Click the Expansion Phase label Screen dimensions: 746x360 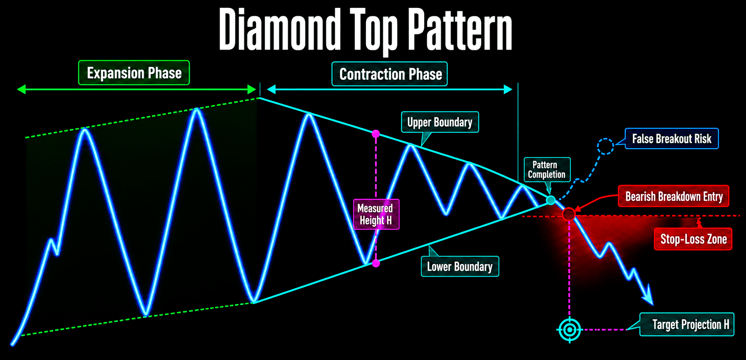[134, 73]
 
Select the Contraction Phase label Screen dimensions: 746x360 [390, 74]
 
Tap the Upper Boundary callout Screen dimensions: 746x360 [440, 122]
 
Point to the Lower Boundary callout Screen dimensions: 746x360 [460, 266]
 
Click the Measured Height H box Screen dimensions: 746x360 [376, 214]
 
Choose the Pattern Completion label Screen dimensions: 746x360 [547, 170]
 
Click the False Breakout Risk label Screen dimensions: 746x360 [672, 138]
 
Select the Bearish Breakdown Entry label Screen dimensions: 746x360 [674, 196]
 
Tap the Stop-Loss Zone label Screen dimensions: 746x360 [693, 239]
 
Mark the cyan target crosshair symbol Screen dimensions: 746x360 [569, 330]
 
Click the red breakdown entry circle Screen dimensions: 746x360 [568, 214]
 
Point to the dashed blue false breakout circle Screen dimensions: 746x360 [606, 146]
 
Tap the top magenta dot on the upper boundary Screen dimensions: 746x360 [376, 134]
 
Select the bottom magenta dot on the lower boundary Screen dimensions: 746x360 [376, 263]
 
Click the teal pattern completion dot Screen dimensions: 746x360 [551, 200]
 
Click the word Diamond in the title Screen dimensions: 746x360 [280, 29]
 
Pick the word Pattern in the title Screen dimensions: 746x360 [460, 29]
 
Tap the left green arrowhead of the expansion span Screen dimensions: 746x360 [21, 89]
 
